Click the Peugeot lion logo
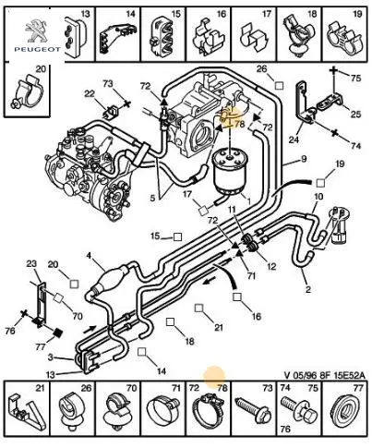tap(37, 31)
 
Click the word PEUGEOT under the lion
tap(37, 49)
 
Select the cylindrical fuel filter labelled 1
tap(229, 172)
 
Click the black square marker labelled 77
tap(58, 333)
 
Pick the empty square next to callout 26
tap(279, 85)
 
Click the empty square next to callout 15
tap(177, 236)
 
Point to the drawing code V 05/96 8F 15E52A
tap(324, 375)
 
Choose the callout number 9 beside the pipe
tap(304, 159)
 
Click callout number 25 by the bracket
tap(355, 115)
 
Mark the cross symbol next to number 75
tap(333, 70)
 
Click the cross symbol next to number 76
tap(24, 313)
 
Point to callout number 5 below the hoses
tap(152, 198)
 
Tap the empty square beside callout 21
tap(199, 308)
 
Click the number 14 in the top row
tap(130, 14)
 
